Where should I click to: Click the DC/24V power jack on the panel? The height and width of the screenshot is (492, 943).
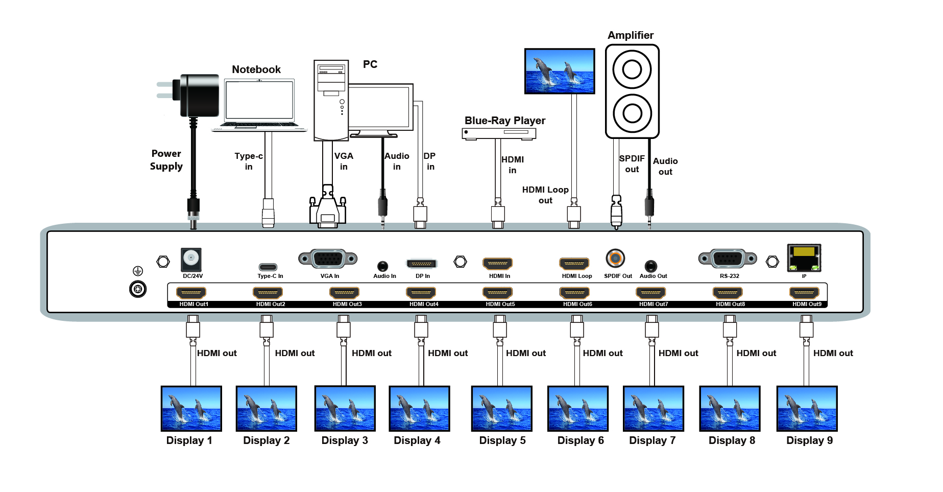point(191,260)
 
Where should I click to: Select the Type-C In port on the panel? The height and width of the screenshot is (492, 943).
point(268,267)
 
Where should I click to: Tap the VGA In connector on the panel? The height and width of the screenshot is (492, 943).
point(328,259)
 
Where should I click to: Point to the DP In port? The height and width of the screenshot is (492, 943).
point(422,264)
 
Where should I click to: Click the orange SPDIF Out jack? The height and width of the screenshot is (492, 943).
point(615,258)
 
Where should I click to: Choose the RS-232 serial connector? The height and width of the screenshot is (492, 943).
point(728,259)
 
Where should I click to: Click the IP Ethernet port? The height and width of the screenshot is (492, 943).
point(804,258)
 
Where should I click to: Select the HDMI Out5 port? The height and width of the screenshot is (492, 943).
point(498,293)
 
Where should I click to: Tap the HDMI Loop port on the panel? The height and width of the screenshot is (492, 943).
point(574,264)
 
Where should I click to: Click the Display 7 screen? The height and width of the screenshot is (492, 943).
point(654,408)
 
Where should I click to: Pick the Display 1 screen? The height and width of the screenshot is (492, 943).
point(191,408)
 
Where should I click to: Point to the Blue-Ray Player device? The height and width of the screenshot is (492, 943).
point(499,133)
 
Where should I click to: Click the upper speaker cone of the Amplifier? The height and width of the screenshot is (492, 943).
point(632,69)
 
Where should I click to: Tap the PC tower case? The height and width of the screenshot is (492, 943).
point(331,100)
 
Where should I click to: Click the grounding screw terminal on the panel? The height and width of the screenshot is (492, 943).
point(138,289)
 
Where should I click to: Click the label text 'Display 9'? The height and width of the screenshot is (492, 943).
point(810,440)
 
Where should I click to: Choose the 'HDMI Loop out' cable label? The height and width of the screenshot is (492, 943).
point(545,195)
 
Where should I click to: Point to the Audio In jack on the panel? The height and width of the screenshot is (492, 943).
point(382,266)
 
